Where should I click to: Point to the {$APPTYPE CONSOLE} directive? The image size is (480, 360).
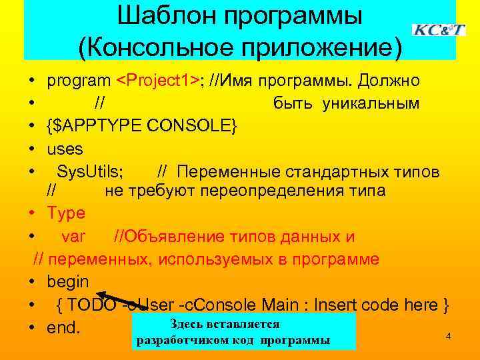click(x=142, y=125)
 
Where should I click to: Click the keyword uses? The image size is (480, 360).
click(x=65, y=148)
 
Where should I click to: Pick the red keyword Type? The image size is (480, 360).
click(x=66, y=213)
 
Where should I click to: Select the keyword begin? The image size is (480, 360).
click(x=67, y=281)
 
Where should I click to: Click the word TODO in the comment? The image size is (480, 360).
click(x=91, y=305)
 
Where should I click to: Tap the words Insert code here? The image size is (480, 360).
click(x=381, y=305)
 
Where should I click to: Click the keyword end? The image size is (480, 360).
click(x=63, y=328)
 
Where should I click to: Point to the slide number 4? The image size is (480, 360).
click(x=448, y=337)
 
